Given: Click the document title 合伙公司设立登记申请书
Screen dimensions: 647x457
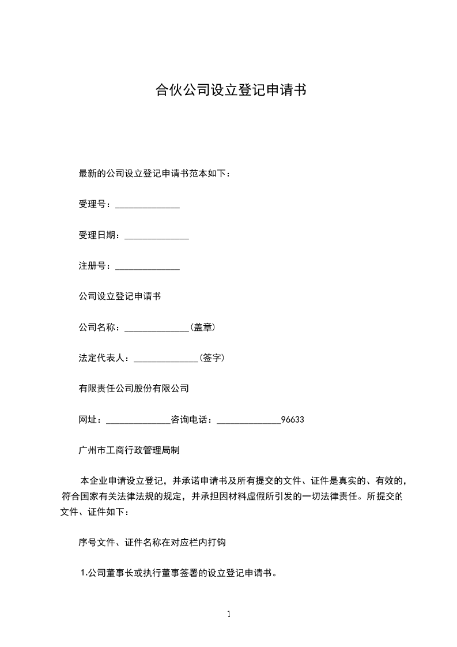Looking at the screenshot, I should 230,90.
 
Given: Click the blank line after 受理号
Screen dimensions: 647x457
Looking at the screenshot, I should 148,205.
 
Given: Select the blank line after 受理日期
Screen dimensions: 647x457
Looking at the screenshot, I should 157,236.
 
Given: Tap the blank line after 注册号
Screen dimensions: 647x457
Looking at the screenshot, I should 148,266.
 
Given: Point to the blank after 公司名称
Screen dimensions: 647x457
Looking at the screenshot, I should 157,328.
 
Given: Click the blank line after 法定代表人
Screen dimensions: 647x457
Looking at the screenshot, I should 166,358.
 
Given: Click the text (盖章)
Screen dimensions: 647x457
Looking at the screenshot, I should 202,328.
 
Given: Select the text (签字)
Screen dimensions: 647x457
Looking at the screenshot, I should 211,358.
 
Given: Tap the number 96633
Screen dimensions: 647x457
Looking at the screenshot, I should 292,419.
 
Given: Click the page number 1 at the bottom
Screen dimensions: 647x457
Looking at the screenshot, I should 229,615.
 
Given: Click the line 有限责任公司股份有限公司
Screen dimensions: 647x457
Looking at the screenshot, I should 134,389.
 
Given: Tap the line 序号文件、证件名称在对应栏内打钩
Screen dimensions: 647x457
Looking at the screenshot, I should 156,542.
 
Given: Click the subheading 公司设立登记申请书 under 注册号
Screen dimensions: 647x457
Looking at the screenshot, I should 119,297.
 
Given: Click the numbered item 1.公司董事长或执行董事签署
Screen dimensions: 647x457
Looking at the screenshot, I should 179,573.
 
